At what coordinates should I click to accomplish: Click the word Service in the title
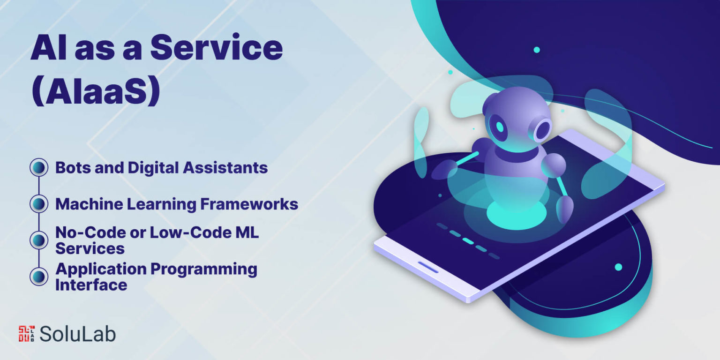point(217,47)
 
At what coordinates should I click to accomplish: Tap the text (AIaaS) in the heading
point(96,90)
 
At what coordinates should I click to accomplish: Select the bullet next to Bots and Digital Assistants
point(39,167)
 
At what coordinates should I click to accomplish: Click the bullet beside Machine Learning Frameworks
point(39,204)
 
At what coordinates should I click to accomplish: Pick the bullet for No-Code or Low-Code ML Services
point(39,240)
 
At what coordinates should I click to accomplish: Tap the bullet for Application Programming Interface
point(39,277)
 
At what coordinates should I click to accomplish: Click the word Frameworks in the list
point(249,204)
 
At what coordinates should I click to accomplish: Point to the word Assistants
point(225,167)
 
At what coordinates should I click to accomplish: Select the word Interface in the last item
point(91,285)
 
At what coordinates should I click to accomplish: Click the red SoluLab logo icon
point(27,334)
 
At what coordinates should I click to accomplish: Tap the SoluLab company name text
point(77,334)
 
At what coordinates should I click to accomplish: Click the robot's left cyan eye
point(500,127)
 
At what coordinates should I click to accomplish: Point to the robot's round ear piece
point(543,129)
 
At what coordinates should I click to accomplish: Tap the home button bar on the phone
point(428,267)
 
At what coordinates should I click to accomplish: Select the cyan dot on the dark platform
point(618,267)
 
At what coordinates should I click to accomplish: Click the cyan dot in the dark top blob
point(536,50)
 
